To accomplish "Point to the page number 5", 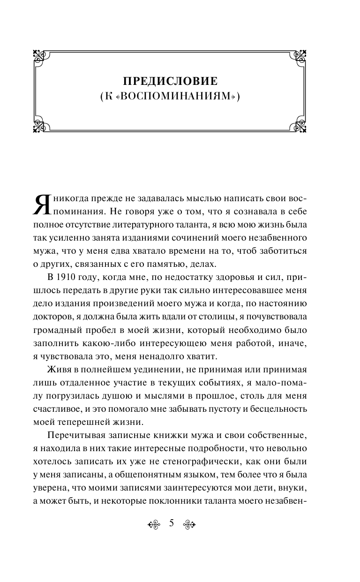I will point(171,523).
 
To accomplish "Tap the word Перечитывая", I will point(74,423).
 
